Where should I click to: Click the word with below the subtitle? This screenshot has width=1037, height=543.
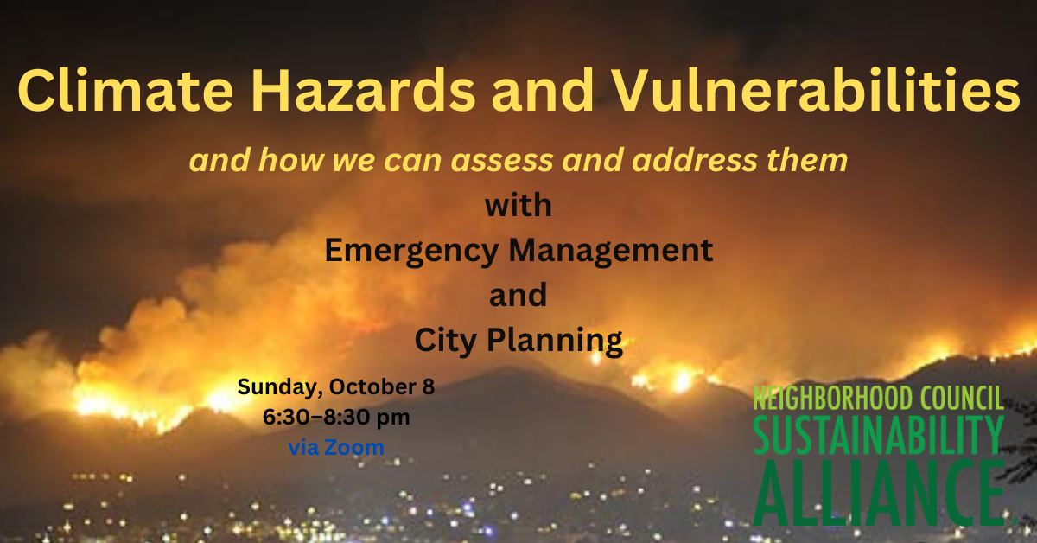(518, 207)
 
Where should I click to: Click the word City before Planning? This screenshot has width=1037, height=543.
(447, 341)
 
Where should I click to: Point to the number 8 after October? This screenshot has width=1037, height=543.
(429, 386)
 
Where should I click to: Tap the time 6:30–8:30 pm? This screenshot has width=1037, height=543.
(336, 417)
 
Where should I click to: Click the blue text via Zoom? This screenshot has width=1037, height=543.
(336, 447)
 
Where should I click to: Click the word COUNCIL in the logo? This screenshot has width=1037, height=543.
(960, 399)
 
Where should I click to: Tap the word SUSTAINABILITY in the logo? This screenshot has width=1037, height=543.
(878, 435)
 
